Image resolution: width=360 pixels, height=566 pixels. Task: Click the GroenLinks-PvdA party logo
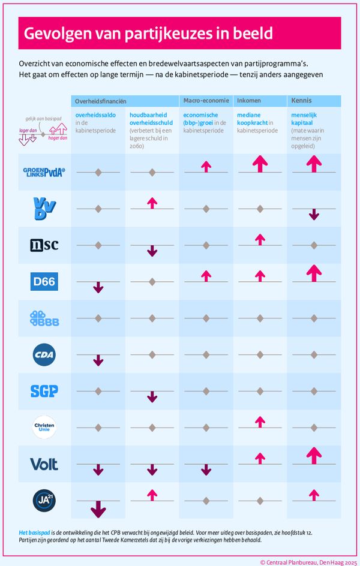click(x=44, y=172)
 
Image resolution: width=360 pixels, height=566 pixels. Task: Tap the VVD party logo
click(x=44, y=208)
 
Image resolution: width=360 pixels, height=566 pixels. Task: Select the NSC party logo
click(x=44, y=245)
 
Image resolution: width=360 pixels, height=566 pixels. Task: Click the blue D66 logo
click(x=44, y=281)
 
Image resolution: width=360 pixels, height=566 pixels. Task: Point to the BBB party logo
click(x=44, y=318)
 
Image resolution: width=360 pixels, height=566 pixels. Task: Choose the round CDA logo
click(x=44, y=354)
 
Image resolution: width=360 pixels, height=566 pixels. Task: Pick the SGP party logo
click(x=44, y=391)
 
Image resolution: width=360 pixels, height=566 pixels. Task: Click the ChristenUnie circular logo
click(x=44, y=427)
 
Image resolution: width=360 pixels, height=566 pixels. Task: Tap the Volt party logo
click(x=44, y=463)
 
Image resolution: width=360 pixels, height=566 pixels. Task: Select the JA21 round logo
click(x=44, y=500)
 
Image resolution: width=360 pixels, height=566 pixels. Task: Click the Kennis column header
click(x=301, y=101)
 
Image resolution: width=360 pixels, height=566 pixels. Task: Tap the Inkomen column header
click(x=250, y=101)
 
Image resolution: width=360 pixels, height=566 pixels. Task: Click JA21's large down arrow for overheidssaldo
click(x=98, y=508)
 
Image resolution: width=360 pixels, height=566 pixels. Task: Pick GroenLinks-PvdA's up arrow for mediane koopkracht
click(x=260, y=164)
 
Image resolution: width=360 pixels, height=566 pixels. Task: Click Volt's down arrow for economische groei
click(x=206, y=469)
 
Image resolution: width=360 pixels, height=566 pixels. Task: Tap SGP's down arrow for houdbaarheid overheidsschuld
click(x=152, y=396)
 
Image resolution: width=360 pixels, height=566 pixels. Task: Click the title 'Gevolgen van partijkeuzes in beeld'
click(x=148, y=33)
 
